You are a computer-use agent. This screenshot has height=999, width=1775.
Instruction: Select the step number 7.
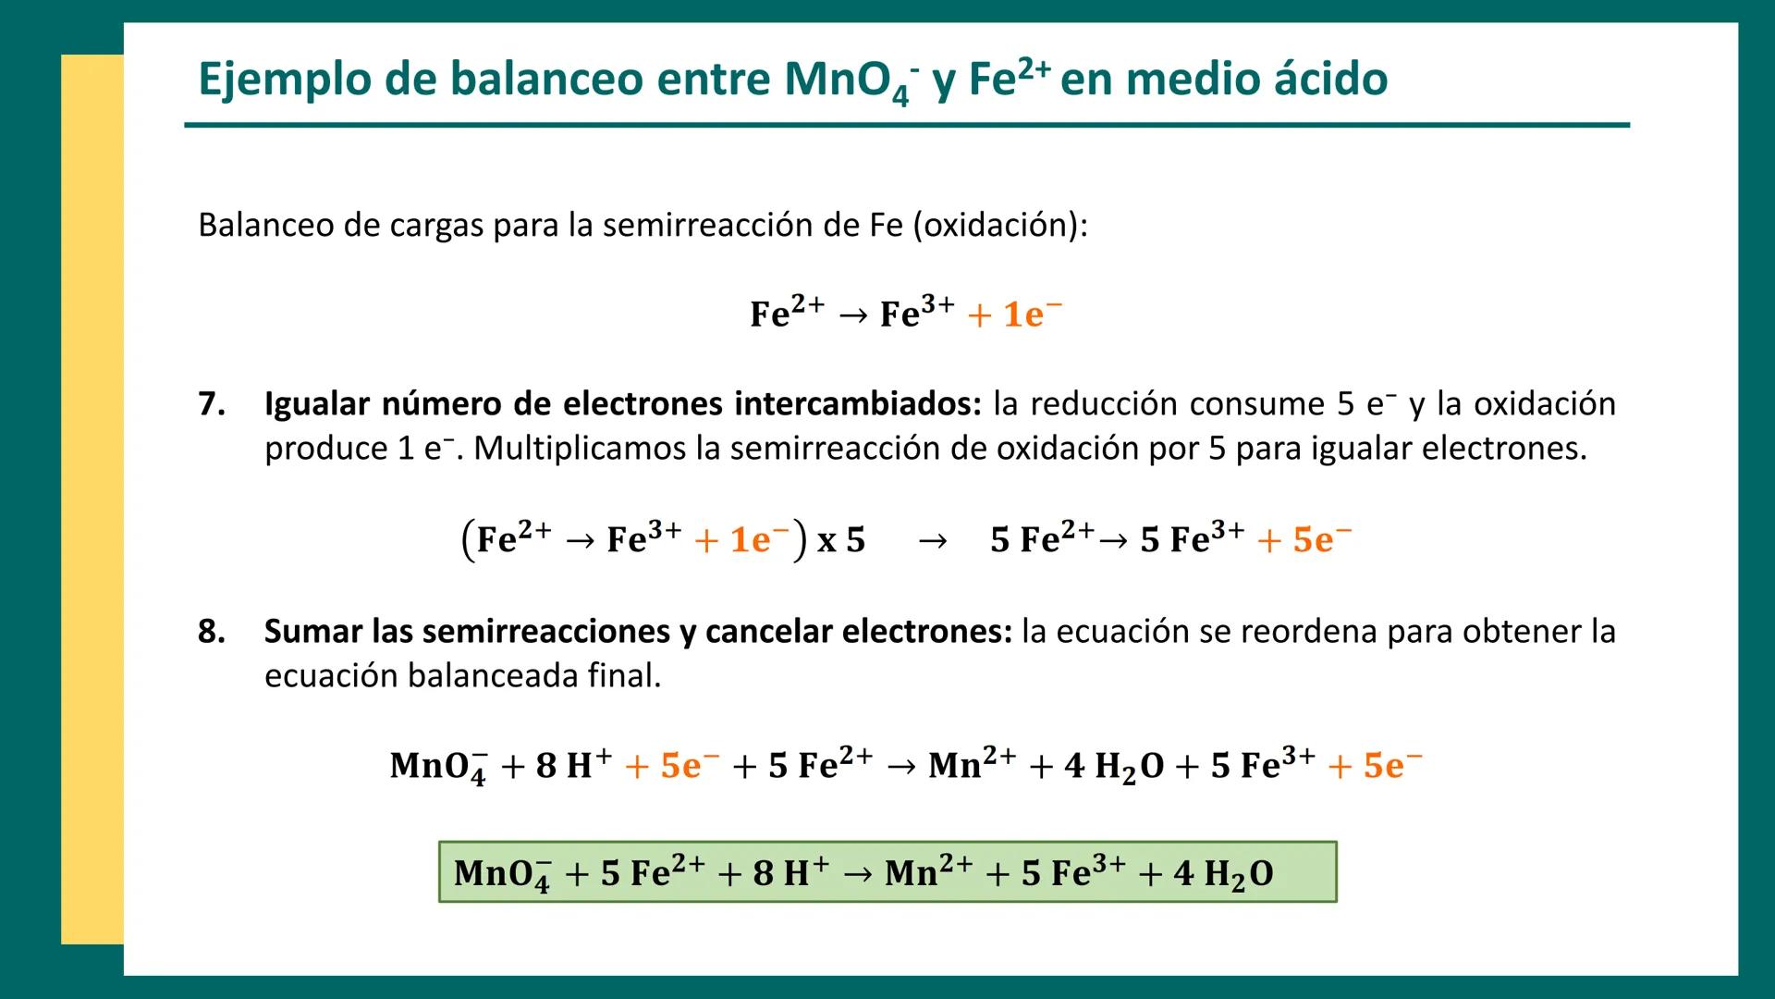tap(212, 404)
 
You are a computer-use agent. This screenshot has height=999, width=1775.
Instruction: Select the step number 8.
tap(212, 632)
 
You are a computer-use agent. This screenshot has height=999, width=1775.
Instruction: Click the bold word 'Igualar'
tap(317, 404)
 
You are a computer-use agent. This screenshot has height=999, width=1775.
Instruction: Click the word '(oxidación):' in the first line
tap(1000, 226)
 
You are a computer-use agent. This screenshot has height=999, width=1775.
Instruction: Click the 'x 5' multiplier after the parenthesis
tap(841, 539)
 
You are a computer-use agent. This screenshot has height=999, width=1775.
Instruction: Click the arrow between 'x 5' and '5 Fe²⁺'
tap(933, 540)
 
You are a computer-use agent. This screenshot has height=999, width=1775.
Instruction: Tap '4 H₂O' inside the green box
tap(1222, 874)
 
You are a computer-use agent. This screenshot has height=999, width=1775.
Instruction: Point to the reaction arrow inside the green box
tap(857, 874)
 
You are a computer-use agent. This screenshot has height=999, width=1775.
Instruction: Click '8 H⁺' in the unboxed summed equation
tap(573, 766)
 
